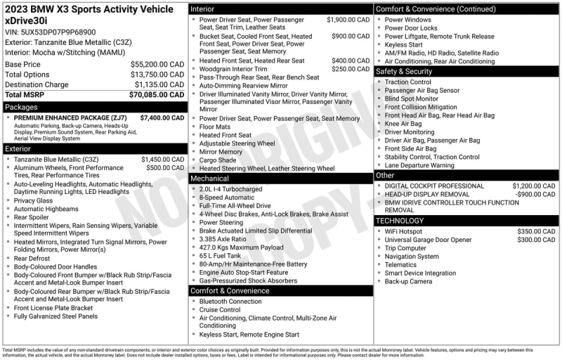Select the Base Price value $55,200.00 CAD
pos(158,64)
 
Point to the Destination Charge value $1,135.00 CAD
pos(158,84)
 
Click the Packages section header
pos(21,107)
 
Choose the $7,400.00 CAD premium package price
pos(163,118)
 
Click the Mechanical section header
pos(209,179)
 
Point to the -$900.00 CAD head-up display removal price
pos(532,194)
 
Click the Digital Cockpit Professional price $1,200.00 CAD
pos(533,186)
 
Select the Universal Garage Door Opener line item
pos(428,240)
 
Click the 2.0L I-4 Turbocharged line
pos(230,189)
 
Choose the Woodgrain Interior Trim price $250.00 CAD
pos(350,69)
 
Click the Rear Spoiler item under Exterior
pos(32,217)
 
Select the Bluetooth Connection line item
pos(230,302)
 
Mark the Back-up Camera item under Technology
pos(408,281)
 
